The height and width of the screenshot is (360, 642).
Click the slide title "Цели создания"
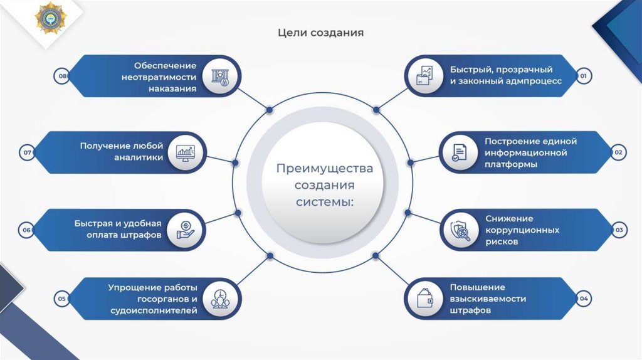pyautogui.click(x=320, y=32)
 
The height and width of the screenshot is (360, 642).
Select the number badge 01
pyautogui.click(x=582, y=77)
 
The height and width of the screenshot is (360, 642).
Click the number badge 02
pyautogui.click(x=618, y=152)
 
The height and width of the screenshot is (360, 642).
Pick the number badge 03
pyautogui.click(x=618, y=230)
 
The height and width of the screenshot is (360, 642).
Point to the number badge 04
pyautogui.click(x=583, y=299)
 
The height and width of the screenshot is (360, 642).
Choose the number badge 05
pyautogui.click(x=61, y=299)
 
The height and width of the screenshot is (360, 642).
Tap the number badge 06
pyautogui.click(x=27, y=230)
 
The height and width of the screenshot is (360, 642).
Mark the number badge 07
pyautogui.click(x=27, y=152)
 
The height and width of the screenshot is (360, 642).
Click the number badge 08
pyautogui.click(x=61, y=77)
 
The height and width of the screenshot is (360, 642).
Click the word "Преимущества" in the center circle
pyautogui.click(x=325, y=169)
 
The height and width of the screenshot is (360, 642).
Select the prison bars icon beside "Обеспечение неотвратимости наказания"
pyautogui.click(x=219, y=77)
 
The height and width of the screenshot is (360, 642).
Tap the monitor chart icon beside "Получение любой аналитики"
pyautogui.click(x=186, y=152)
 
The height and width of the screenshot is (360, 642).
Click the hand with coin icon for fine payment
pyautogui.click(x=186, y=230)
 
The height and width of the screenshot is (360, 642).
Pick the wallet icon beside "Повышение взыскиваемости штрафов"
pyautogui.click(x=424, y=299)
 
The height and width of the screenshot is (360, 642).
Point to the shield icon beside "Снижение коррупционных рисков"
pyautogui.click(x=460, y=230)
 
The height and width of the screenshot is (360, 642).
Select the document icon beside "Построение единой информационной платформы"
pyautogui.click(x=460, y=152)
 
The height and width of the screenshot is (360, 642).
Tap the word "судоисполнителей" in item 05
pyautogui.click(x=162, y=310)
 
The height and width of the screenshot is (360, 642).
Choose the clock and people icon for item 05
pyautogui.click(x=219, y=299)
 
